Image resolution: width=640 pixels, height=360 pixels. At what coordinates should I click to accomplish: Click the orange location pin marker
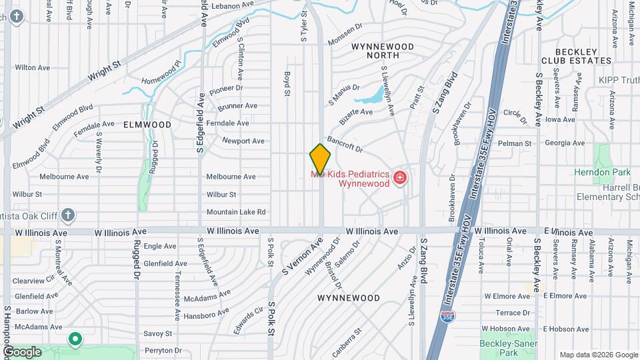(320, 159)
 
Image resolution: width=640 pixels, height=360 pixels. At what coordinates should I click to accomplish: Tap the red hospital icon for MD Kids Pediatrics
(400, 177)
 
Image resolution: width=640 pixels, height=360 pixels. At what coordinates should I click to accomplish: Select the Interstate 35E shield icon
(448, 315)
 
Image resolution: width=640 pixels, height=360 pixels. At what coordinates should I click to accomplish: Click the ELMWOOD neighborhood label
(147, 125)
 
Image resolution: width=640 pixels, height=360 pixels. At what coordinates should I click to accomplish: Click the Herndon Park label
(602, 172)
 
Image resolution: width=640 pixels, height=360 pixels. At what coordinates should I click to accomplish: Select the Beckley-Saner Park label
(508, 348)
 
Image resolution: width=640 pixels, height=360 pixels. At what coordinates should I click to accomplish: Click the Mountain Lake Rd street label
(235, 212)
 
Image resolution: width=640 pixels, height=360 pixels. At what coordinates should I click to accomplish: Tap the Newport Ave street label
(243, 141)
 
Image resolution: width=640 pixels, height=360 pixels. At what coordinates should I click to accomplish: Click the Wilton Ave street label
(32, 67)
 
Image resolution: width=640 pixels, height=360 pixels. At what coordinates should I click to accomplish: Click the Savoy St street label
(158, 333)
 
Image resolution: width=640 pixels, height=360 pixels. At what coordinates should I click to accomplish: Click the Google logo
(22, 351)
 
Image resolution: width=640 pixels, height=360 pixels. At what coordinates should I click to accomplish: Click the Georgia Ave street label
(564, 143)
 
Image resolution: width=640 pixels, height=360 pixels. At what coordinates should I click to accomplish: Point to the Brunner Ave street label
(237, 105)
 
